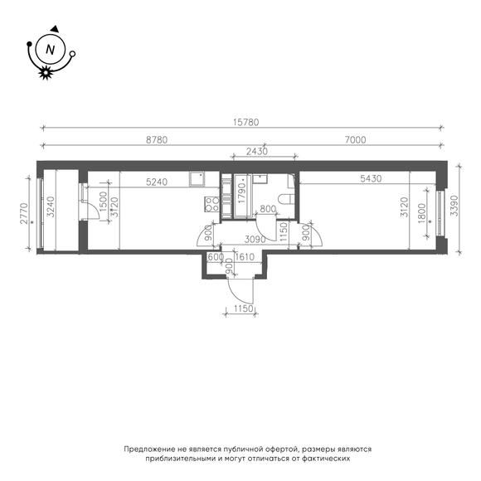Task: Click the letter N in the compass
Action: pyautogui.click(x=50, y=50)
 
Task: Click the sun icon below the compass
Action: pyautogui.click(x=46, y=73)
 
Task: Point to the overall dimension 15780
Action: pyautogui.click(x=245, y=122)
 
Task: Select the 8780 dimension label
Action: pyautogui.click(x=157, y=140)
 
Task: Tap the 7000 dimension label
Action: pyautogui.click(x=355, y=140)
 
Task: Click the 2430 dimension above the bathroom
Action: pyautogui.click(x=257, y=151)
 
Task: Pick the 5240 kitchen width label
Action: pyautogui.click(x=157, y=182)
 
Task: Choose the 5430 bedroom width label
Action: pyautogui.click(x=371, y=178)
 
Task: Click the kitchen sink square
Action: pyautogui.click(x=197, y=179)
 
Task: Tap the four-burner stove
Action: pyautogui.click(x=211, y=204)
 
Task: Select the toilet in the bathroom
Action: pyautogui.click(x=286, y=199)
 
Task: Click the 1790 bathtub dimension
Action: pyautogui.click(x=242, y=193)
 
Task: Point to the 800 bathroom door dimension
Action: pyautogui.click(x=268, y=209)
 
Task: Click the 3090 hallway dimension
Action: pyautogui.click(x=255, y=240)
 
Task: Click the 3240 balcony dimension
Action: pyautogui.click(x=51, y=206)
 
